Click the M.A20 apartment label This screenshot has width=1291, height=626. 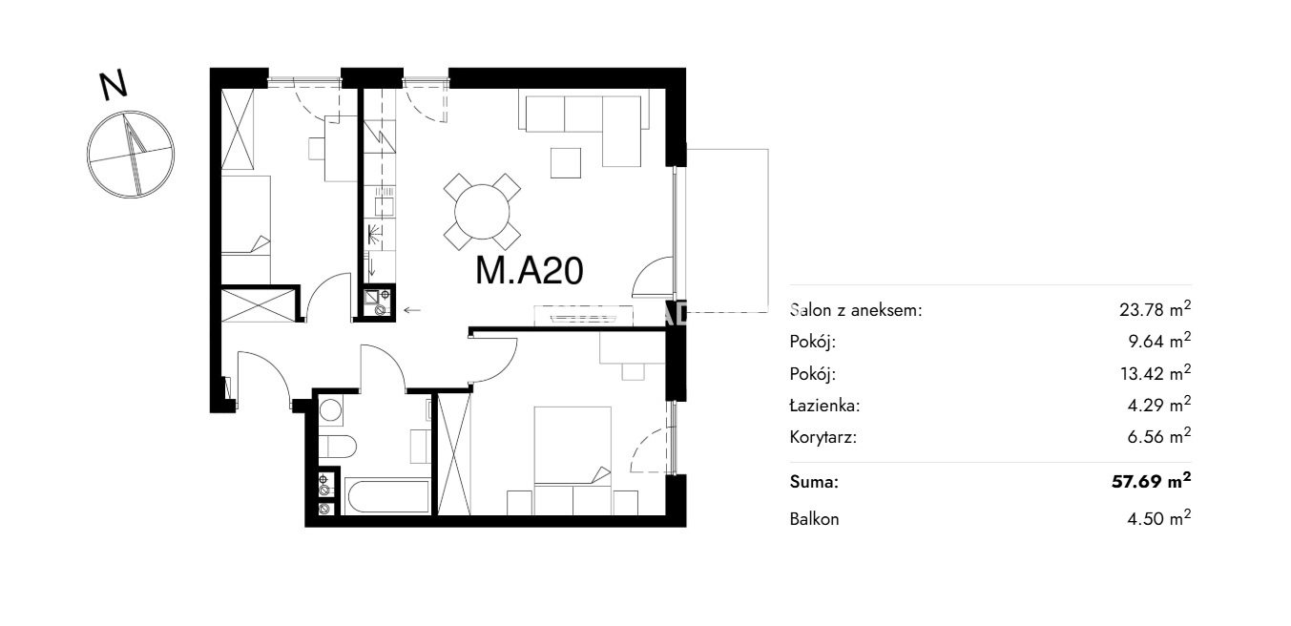pyautogui.click(x=529, y=270)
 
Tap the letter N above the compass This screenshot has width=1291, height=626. pyautogui.click(x=113, y=86)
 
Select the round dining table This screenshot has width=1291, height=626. pyautogui.click(x=482, y=212)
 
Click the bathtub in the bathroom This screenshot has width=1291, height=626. pyautogui.click(x=387, y=495)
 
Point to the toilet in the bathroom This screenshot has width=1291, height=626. pyautogui.click(x=337, y=447)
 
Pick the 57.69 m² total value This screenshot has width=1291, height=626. pyautogui.click(x=1151, y=480)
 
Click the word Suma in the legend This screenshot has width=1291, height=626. pyautogui.click(x=814, y=482)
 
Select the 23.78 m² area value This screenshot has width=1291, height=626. pyautogui.click(x=1155, y=309)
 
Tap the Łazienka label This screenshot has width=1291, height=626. pyautogui.click(x=824, y=406)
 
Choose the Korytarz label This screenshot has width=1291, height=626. pyautogui.click(x=823, y=437)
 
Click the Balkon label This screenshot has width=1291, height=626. pyautogui.click(x=814, y=519)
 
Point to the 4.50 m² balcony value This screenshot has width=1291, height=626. pyautogui.click(x=1159, y=518)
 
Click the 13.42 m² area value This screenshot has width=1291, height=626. pyautogui.click(x=1156, y=373)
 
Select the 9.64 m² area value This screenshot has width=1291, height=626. pyautogui.click(x=1159, y=341)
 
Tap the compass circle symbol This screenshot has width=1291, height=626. pyautogui.click(x=131, y=155)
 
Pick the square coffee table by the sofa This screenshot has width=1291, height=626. pyautogui.click(x=565, y=163)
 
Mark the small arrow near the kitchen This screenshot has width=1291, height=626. pyautogui.click(x=412, y=310)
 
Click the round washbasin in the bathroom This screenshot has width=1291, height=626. pyautogui.click(x=331, y=410)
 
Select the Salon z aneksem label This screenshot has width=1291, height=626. pyautogui.click(x=856, y=310)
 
